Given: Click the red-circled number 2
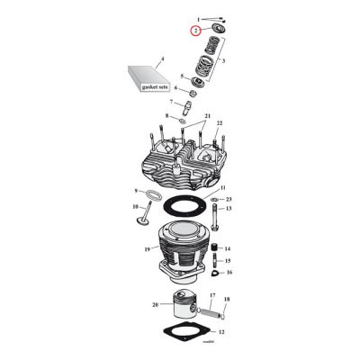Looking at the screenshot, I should (194, 31).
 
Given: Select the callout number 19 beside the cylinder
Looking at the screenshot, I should (145, 248).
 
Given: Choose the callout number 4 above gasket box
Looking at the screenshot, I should (162, 58).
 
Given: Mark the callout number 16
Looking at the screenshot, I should (229, 271).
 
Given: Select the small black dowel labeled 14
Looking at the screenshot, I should (215, 247).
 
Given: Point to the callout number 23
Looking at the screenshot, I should (229, 199).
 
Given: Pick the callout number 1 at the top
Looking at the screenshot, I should (200, 18).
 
